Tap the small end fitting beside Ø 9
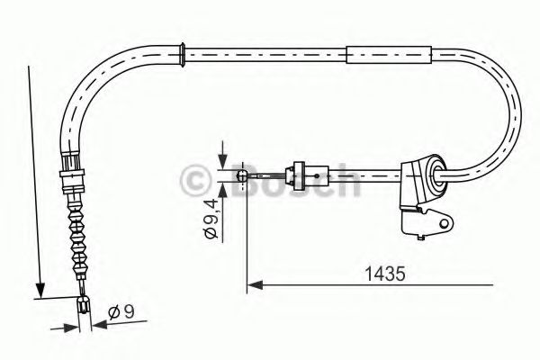coord(84,307)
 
